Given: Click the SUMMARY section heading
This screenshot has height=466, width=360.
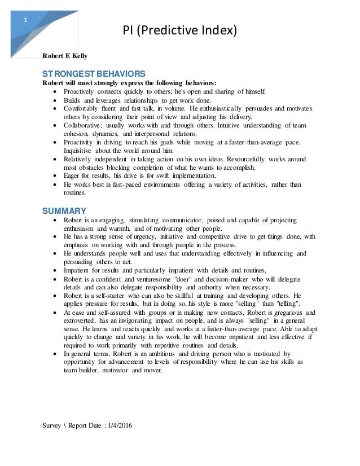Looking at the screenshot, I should (x=61, y=211).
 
